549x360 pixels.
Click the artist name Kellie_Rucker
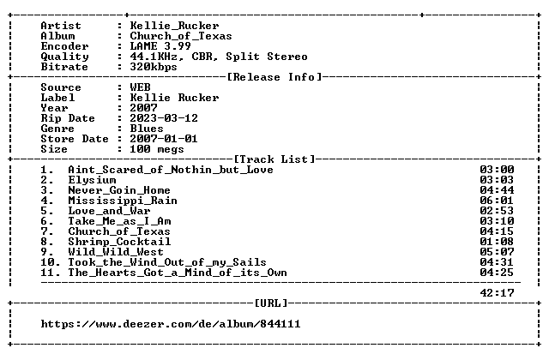[x=174, y=26]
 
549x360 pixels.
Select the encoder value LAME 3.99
[x=160, y=46]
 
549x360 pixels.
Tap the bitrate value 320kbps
[x=154, y=67]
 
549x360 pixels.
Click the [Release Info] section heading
[x=274, y=77]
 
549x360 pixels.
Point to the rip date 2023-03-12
[x=164, y=118]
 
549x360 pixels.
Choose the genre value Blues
[x=147, y=129]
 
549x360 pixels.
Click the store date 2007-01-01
[x=164, y=139]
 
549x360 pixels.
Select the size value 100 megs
[x=157, y=149]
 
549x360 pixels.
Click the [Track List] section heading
[x=274, y=159]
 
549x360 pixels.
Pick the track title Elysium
[x=92, y=180]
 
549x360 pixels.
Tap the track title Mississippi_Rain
[x=123, y=201]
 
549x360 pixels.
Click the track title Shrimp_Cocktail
[x=119, y=242]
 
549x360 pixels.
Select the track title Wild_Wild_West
[x=116, y=252]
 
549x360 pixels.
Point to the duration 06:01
[x=497, y=201]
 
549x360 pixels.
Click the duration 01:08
[x=497, y=242]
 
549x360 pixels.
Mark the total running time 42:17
[x=497, y=293]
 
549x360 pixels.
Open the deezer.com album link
[x=171, y=324]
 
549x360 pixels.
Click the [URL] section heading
[x=271, y=303]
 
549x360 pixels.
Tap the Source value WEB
[x=140, y=87]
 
